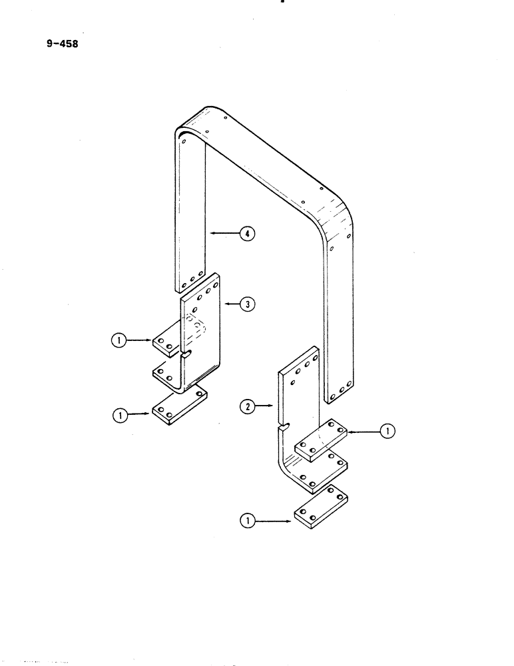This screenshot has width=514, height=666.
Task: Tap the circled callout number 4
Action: tap(247, 234)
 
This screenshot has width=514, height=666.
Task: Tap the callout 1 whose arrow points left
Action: tap(385, 432)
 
